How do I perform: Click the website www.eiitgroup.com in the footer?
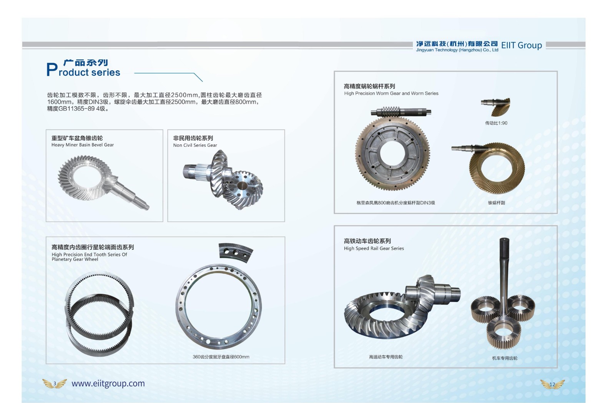click(x=108, y=383)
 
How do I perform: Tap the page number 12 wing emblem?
click(x=552, y=384)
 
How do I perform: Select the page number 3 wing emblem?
click(x=55, y=383)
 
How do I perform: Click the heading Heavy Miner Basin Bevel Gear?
click(x=82, y=145)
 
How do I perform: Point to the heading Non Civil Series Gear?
click(x=195, y=145)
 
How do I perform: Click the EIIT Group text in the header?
click(x=521, y=45)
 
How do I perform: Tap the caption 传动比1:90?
click(x=496, y=123)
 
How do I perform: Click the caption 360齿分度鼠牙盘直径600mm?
click(x=221, y=357)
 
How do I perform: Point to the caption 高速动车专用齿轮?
click(x=386, y=357)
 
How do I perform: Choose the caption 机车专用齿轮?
click(x=505, y=358)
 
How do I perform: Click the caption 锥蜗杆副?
click(x=496, y=203)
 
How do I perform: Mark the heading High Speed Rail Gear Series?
click(x=374, y=248)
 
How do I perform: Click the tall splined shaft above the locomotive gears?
click(x=504, y=274)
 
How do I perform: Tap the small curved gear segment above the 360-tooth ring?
click(x=236, y=252)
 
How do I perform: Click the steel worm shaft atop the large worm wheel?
click(x=401, y=112)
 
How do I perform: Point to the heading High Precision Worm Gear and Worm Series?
click(x=391, y=93)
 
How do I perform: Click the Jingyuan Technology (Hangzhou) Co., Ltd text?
click(x=457, y=50)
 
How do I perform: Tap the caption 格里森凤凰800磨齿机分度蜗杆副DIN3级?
click(x=396, y=203)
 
